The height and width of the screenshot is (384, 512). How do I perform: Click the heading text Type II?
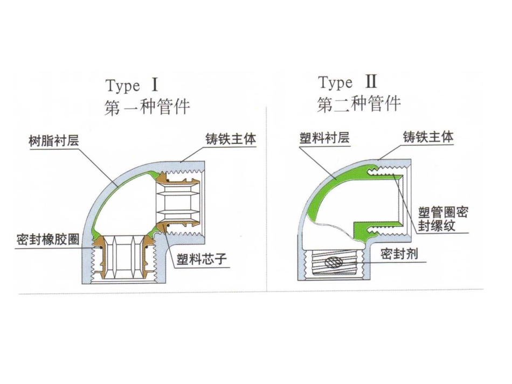[x=348, y=83]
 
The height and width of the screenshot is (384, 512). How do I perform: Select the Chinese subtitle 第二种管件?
[x=359, y=103]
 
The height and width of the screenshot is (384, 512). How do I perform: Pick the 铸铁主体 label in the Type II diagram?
[x=428, y=137]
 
